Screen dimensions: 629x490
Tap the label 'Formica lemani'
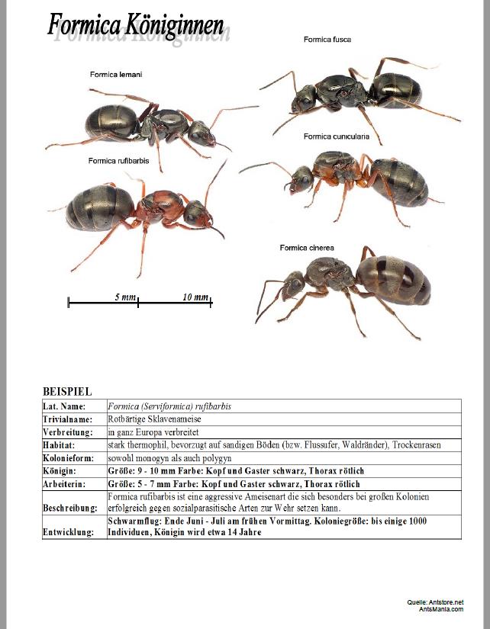pos(116,74)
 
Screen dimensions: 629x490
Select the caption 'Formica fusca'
pos(327,39)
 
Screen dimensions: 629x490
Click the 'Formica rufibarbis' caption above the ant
pos(118,161)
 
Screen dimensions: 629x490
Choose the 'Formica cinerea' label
pos(307,247)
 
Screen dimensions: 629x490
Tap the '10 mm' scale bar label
pos(195,297)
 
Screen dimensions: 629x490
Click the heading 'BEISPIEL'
pos(67,392)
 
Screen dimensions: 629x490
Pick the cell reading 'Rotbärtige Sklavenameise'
pos(156,419)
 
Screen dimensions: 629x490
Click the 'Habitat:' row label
pos(59,444)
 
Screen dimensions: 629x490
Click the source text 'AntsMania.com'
pos(440,608)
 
